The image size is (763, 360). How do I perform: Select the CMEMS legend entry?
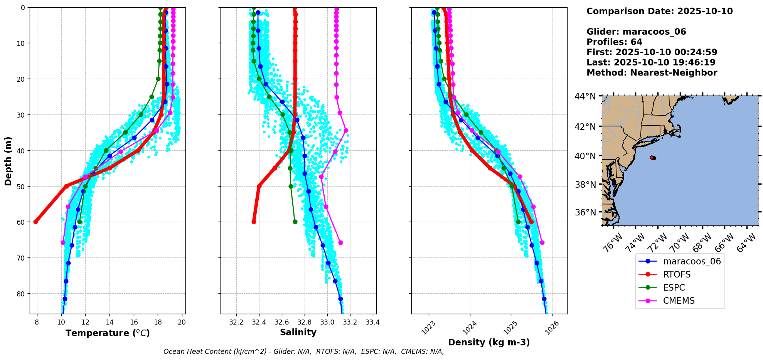click(x=679, y=301)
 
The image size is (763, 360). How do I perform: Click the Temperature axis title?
click(x=108, y=333)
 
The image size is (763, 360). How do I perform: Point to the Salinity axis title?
click(x=298, y=332)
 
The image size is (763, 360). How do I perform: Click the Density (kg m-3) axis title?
click(x=489, y=342)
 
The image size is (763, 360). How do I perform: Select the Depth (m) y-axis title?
click(x=8, y=161)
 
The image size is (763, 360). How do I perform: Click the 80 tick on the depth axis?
click(x=20, y=294)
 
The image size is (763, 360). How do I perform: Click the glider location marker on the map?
click(x=653, y=158)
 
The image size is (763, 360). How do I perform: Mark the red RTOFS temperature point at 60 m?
click(x=36, y=222)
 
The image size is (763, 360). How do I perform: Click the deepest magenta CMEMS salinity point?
click(x=340, y=242)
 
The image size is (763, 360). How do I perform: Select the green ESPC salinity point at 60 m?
click(x=295, y=222)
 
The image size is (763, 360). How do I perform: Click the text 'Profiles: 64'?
click(x=614, y=42)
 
